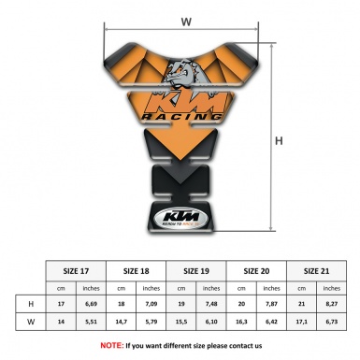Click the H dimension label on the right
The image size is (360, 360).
pyautogui.click(x=279, y=141)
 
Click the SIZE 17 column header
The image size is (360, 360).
pyautogui.click(x=77, y=269)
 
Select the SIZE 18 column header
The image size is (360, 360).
pyautogui.click(x=137, y=269)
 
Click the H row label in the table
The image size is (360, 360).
pyautogui.click(x=31, y=304)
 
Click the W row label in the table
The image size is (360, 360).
pyautogui.click(x=31, y=321)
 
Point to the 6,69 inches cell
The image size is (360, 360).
pyautogui.click(x=92, y=304)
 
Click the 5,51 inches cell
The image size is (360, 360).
pyautogui.click(x=92, y=321)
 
